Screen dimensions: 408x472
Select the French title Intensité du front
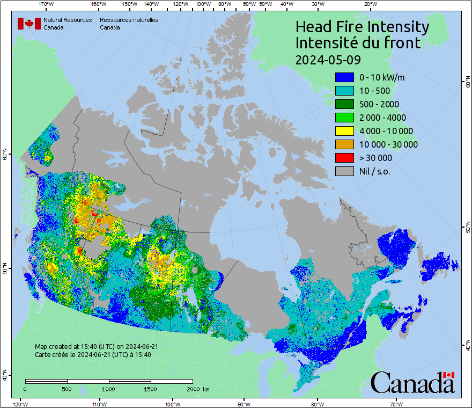coord(358,42)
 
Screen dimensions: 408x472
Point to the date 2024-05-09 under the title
coord(328,59)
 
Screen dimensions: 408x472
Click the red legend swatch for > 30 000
coord(344,158)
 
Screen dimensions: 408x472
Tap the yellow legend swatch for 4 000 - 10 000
coord(344,131)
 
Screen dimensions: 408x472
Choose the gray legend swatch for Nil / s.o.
coord(344,171)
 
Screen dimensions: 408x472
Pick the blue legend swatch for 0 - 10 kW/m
coord(344,77)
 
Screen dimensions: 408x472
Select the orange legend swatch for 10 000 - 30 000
coord(344,144)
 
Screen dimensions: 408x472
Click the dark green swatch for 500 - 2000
coord(344,104)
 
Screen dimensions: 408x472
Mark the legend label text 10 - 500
coord(374,91)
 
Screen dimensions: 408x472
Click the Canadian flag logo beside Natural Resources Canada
coord(29,24)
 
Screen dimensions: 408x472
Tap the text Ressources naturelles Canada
coord(129,24)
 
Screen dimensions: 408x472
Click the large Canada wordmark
coord(412,383)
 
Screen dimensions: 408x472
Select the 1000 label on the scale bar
coord(109,389)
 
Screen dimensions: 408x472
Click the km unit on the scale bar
coord(206,389)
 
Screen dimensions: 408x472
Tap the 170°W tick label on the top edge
coord(47,4)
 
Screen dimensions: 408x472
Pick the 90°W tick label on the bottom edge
coord(244,404)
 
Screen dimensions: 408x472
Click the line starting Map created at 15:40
coord(97,347)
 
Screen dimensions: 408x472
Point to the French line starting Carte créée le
coord(93,354)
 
